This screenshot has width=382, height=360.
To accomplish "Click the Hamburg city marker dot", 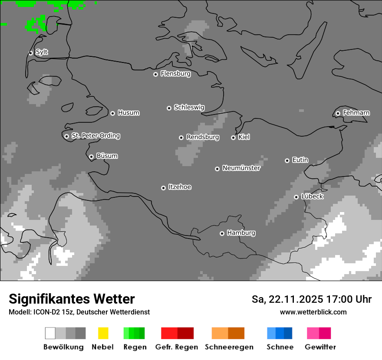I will click(x=222, y=233).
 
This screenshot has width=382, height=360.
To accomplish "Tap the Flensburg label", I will click(x=175, y=74).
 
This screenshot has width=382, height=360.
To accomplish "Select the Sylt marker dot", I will click(x=30, y=53).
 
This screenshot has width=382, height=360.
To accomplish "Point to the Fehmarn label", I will click(x=356, y=113).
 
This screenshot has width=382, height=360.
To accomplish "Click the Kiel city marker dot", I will click(x=233, y=137).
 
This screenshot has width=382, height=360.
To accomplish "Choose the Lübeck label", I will click(x=312, y=196).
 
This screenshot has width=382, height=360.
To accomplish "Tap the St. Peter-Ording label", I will click(x=95, y=136).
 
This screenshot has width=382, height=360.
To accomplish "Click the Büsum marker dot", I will click(x=91, y=157).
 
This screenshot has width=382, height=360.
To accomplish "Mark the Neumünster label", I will click(x=241, y=168).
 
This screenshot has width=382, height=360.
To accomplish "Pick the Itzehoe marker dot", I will click(x=163, y=188).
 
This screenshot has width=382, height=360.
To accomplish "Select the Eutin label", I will click(x=300, y=160).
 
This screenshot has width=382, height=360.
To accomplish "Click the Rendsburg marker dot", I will click(x=181, y=137).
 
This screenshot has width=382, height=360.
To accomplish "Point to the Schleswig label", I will click(x=189, y=107).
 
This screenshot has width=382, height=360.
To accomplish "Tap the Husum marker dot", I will click(x=112, y=113).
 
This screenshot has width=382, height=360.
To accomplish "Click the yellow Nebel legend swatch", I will click(x=103, y=333).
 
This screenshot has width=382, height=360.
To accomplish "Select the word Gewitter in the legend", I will click(x=320, y=347).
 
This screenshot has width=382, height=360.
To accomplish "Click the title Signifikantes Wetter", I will click(x=72, y=299).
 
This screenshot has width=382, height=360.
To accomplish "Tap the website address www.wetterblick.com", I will click(x=313, y=312).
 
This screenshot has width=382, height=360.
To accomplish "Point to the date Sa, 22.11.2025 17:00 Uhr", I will click(x=311, y=299).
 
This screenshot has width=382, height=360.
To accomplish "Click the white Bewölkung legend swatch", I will click(x=50, y=333).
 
